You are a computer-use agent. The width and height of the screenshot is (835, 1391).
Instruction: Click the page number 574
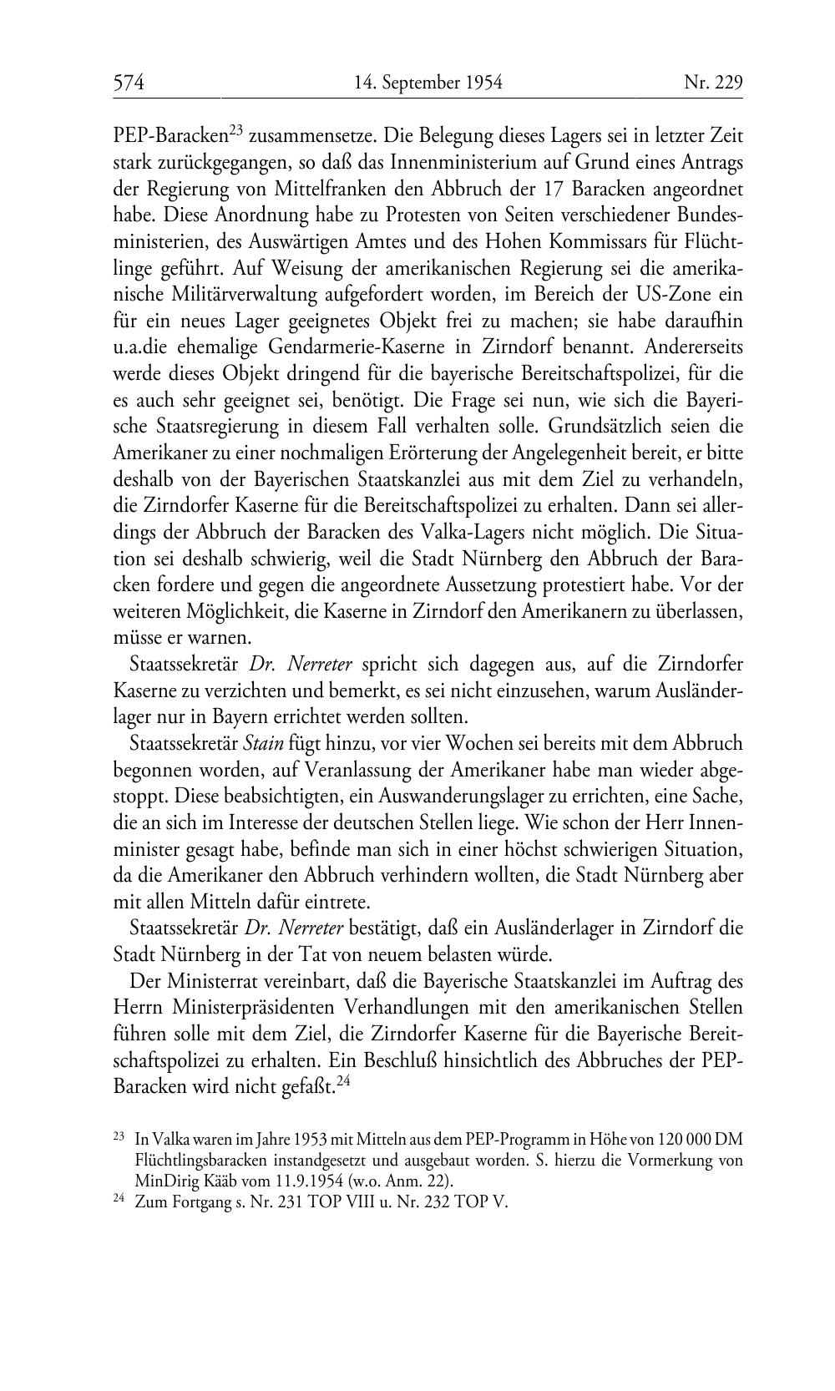129,83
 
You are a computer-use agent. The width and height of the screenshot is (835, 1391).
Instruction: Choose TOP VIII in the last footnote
347,1203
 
